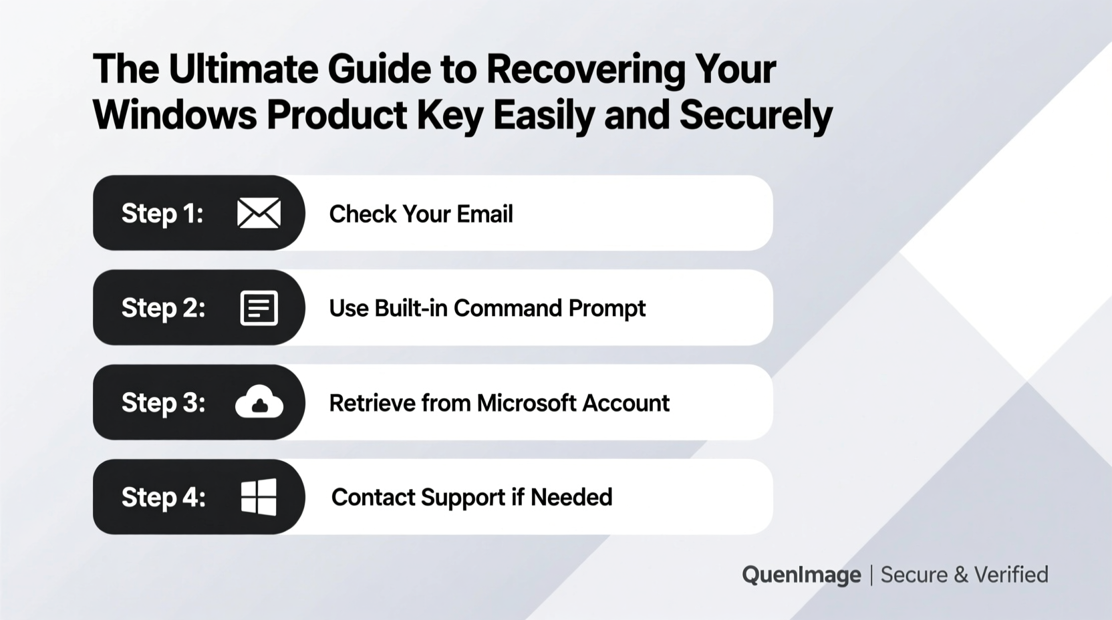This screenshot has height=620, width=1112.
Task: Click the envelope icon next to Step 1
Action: click(259, 214)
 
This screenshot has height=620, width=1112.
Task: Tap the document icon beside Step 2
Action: click(259, 309)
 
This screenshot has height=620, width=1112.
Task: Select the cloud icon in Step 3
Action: click(259, 402)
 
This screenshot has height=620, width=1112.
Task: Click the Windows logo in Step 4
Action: click(259, 497)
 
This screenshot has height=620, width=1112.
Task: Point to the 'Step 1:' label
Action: click(162, 214)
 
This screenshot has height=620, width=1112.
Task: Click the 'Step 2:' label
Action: click(163, 309)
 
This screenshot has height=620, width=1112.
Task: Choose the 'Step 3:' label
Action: click(163, 403)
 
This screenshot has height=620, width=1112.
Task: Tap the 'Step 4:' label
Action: click(163, 498)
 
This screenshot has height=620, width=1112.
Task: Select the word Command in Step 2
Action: click(507, 309)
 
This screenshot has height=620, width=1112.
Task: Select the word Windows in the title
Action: click(174, 115)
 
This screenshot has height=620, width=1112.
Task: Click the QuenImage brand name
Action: click(801, 575)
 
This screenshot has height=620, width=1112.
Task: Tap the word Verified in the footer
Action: click(1011, 575)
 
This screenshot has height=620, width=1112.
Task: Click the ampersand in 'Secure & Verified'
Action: click(961, 575)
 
